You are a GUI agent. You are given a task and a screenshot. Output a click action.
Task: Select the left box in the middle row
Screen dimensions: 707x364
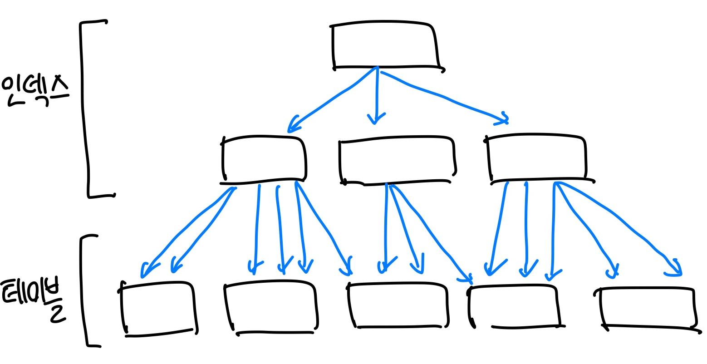pos(263,159)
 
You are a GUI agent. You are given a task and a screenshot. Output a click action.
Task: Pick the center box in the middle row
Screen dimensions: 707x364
pos(397,160)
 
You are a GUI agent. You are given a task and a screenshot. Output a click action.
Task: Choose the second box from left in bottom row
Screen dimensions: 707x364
pos(270,308)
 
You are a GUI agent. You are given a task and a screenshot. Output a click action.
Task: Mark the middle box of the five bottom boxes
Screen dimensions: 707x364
pos(398,306)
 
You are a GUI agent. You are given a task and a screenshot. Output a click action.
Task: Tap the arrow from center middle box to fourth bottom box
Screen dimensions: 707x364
pos(431,231)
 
